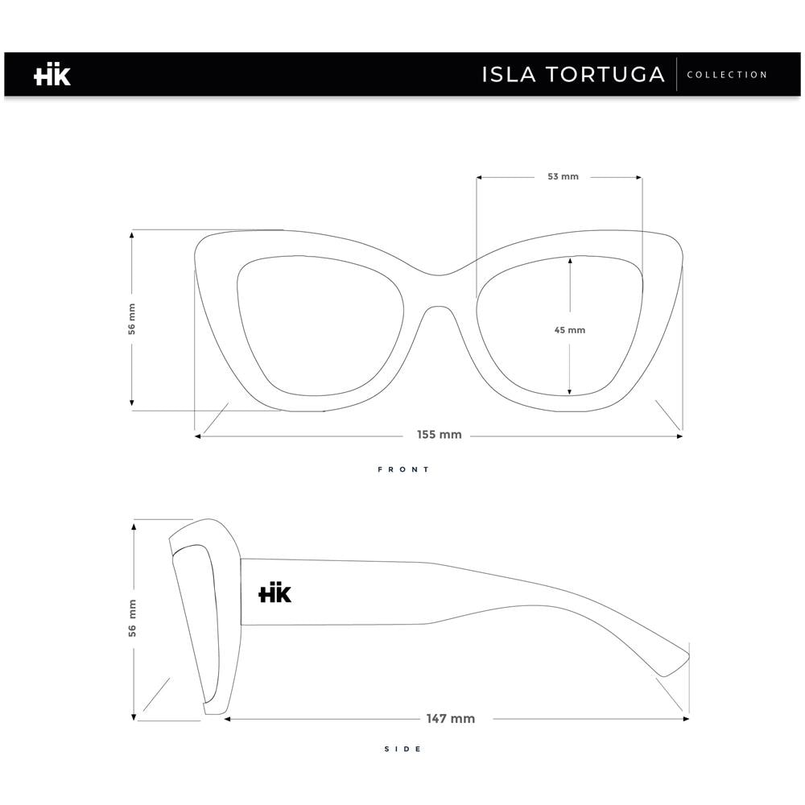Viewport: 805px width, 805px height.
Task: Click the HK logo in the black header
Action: pyautogui.click(x=52, y=75)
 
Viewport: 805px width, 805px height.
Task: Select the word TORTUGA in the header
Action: pyautogui.click(x=605, y=74)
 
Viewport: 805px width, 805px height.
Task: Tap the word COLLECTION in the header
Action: pyautogui.click(x=727, y=75)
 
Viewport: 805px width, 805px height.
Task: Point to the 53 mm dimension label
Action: pyautogui.click(x=563, y=176)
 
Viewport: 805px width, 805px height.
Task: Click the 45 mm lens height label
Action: pyautogui.click(x=569, y=330)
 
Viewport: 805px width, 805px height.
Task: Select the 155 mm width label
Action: pyautogui.click(x=439, y=435)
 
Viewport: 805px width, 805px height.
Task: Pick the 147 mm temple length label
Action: pyautogui.click(x=450, y=719)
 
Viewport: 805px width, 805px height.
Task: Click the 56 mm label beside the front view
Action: pyautogui.click(x=132, y=319)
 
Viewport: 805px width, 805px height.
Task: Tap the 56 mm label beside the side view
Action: pyautogui.click(x=133, y=618)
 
